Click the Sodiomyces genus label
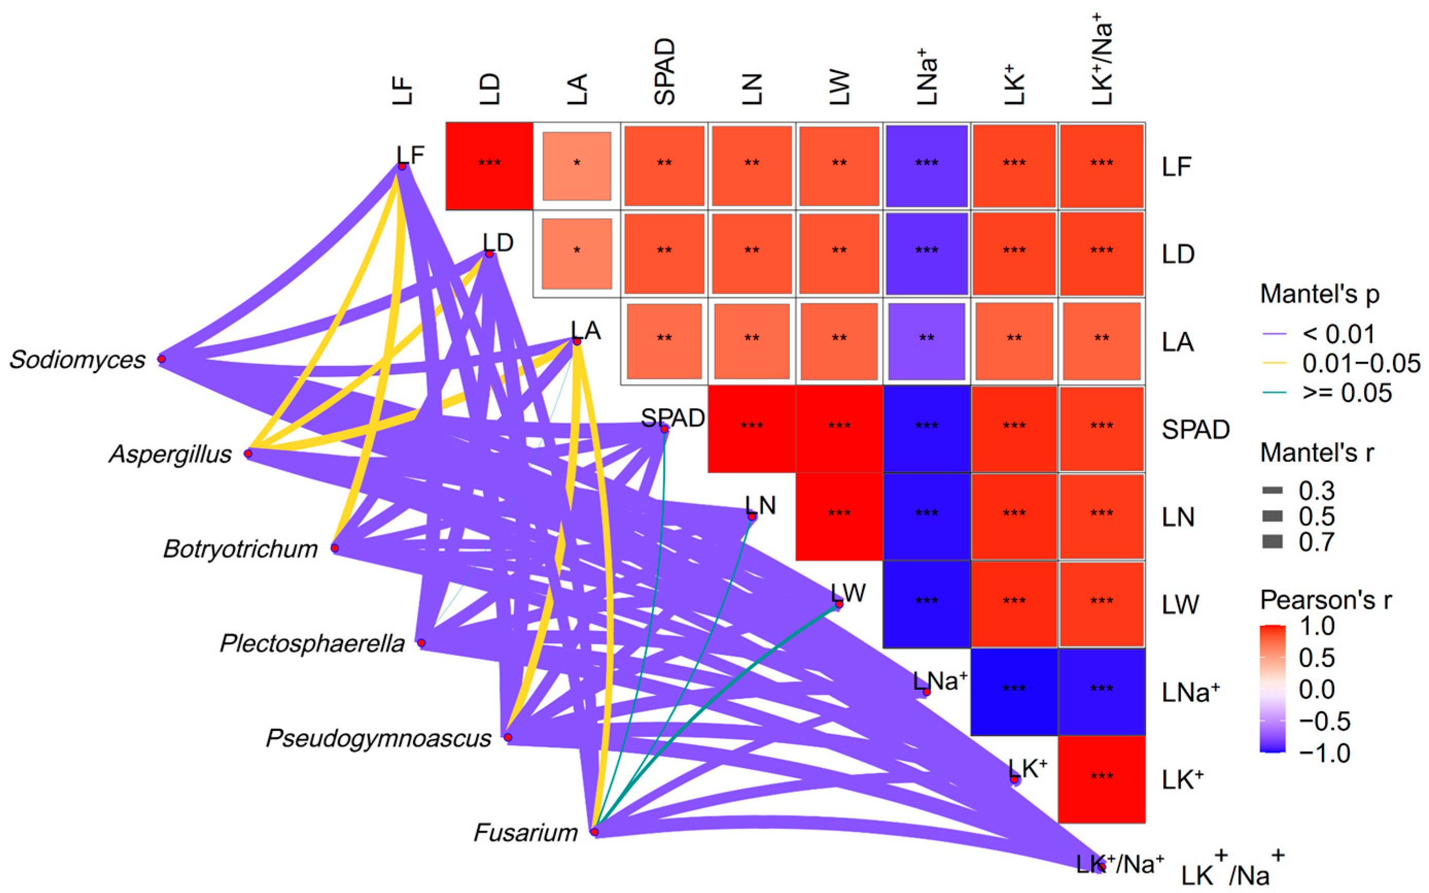tap(77, 360)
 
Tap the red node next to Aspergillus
tap(248, 453)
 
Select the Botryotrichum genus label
tap(240, 549)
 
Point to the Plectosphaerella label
tap(312, 643)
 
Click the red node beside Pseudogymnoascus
tap(508, 737)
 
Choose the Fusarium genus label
tap(525, 833)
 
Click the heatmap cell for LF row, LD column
tap(489, 166)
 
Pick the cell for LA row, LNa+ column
tap(926, 341)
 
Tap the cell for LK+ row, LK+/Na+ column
tap(1101, 779)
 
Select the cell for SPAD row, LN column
tap(751, 429)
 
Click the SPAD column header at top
tap(664, 72)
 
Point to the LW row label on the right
tap(1180, 604)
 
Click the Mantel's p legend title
tap(1319, 293)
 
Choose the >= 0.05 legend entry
tap(1347, 393)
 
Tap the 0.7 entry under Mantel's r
tap(1316, 541)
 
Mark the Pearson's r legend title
tap(1326, 600)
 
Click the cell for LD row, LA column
tap(576, 253)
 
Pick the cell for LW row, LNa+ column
tap(926, 604)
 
